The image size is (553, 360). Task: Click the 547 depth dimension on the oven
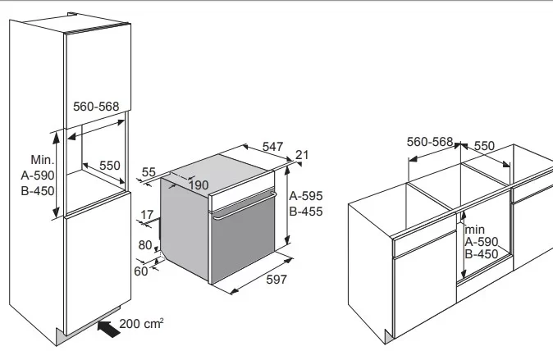click(272, 146)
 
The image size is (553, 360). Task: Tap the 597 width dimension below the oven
click(276, 280)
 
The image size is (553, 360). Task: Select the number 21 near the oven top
click(302, 155)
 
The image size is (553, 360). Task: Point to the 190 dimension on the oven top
click(199, 185)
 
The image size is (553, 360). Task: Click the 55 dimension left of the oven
click(149, 172)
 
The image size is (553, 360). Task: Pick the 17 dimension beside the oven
click(147, 214)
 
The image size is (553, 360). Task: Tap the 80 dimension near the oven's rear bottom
click(145, 245)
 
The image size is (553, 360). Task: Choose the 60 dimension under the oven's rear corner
click(141, 271)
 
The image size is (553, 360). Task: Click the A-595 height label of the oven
click(306, 196)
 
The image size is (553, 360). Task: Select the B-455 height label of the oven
click(306, 212)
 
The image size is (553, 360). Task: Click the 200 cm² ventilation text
click(141, 323)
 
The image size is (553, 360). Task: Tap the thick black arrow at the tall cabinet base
click(109, 329)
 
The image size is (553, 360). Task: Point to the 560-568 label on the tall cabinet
click(96, 107)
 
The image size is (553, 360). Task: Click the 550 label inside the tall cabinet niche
click(110, 166)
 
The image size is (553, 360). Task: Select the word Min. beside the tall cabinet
click(43, 160)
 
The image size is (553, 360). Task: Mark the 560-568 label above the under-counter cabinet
click(430, 142)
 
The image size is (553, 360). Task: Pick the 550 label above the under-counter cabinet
click(484, 146)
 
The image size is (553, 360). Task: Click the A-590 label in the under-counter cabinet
click(482, 242)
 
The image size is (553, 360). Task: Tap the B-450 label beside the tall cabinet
click(38, 191)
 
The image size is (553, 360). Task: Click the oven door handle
click(245, 206)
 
